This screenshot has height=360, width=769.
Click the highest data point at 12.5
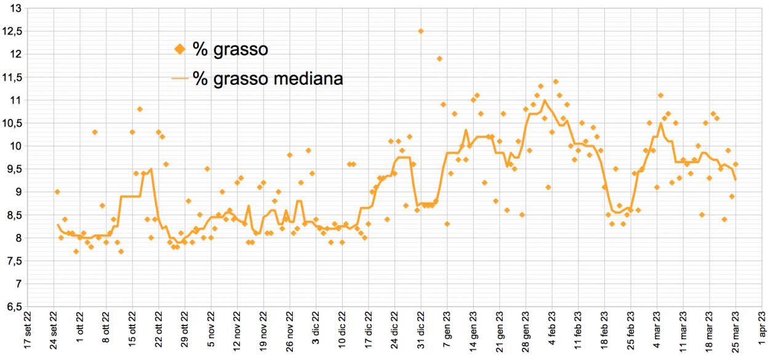click(421, 31)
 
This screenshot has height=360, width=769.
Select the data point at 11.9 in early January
click(440, 58)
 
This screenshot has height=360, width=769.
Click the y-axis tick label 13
click(15, 8)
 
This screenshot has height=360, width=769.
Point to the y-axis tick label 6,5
click(13, 306)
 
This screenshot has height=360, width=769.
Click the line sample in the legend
click(179, 79)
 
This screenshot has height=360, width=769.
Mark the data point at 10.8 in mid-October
click(140, 109)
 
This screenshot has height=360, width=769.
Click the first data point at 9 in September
click(57, 192)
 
